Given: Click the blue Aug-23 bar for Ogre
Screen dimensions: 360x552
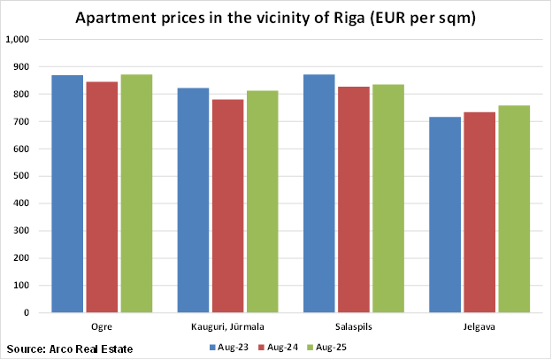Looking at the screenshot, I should tap(67, 194).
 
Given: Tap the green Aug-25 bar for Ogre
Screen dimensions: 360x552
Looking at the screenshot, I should tap(136, 194).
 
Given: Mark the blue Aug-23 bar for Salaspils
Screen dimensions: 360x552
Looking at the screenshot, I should tap(318, 194).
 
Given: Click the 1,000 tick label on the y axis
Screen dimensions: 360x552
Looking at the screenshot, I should tap(18, 40).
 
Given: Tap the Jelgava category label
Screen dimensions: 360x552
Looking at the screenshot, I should tap(479, 326).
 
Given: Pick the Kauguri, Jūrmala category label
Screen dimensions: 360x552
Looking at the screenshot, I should tap(227, 326).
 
